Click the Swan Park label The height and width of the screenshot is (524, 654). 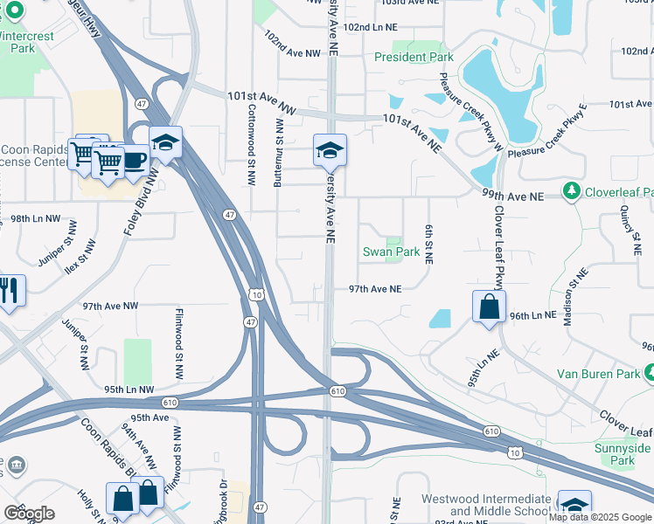coord(392,252)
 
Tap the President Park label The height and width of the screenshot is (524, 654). coord(414,57)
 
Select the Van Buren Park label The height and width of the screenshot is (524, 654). coord(599,374)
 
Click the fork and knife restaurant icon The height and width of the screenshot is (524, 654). coord(10,291)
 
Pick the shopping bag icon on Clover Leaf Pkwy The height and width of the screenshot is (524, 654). coord(489,307)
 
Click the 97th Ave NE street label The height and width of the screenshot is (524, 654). coord(374,288)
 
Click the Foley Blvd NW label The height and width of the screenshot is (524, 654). coord(141,201)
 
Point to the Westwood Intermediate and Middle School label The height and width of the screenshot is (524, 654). coord(486,505)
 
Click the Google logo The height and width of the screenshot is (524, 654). coord(28,513)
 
